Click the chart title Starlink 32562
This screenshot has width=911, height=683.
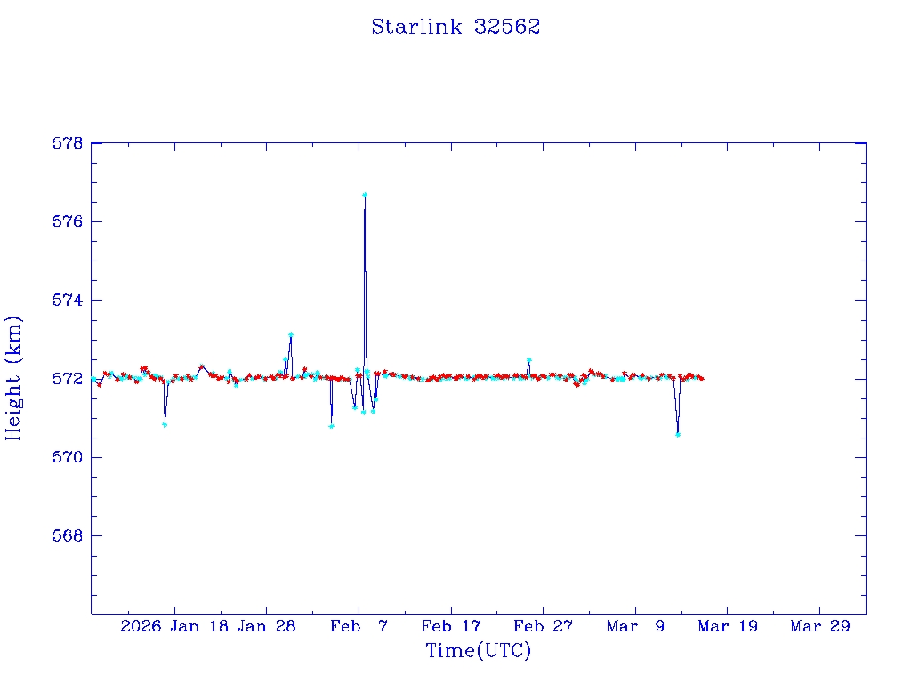click(x=455, y=27)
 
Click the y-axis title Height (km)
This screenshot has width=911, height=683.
click(x=13, y=378)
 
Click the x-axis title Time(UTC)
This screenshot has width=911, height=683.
click(x=478, y=651)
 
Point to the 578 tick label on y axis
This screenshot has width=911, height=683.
click(x=68, y=143)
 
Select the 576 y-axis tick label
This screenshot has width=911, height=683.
click(x=68, y=221)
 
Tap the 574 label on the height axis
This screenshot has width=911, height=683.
click(x=68, y=301)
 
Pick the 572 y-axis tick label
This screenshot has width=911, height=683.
click(x=68, y=379)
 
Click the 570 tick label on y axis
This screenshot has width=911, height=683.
click(x=68, y=457)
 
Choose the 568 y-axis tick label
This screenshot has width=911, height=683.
click(x=68, y=536)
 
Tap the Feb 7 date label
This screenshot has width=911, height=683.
click(x=359, y=626)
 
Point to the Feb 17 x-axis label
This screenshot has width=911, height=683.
click(x=451, y=626)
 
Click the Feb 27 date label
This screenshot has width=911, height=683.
click(x=544, y=626)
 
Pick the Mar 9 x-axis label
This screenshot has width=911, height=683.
click(x=635, y=626)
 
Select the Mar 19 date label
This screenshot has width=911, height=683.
click(x=728, y=626)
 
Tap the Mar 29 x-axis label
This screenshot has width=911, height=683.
click(x=820, y=626)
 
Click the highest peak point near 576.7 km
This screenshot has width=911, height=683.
click(x=365, y=194)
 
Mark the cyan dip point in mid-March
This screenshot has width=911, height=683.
click(x=678, y=434)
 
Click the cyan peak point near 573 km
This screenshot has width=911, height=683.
click(x=291, y=334)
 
